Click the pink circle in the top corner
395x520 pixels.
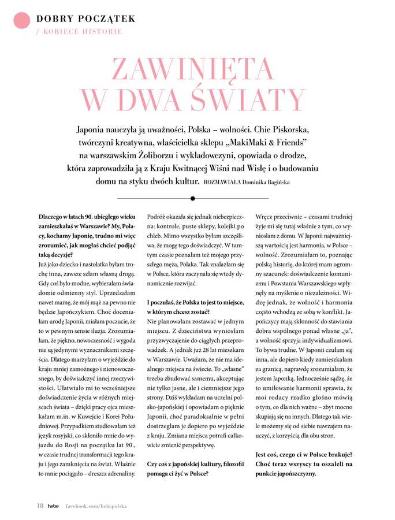pyautogui.click(x=21, y=20)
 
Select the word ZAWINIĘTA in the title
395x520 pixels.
pyautogui.click(x=193, y=69)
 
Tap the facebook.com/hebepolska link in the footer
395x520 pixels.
pyautogui.click(x=95, y=506)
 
